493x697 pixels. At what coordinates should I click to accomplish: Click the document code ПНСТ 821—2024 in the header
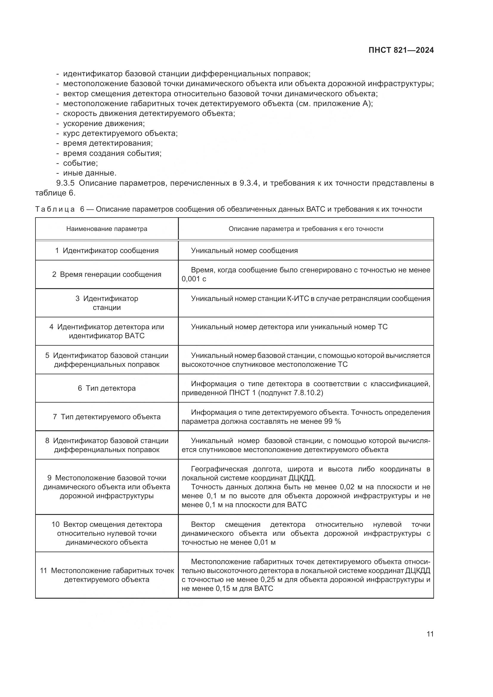click(401, 50)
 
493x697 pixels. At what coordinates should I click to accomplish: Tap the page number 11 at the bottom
click(430, 634)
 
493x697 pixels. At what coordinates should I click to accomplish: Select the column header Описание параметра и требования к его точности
click(306, 229)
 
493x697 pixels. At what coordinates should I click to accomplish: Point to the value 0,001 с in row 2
click(194, 279)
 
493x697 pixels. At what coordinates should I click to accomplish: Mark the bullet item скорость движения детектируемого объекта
click(149, 114)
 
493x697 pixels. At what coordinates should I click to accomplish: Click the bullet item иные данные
click(89, 173)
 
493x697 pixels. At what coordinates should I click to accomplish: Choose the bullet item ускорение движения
click(104, 124)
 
